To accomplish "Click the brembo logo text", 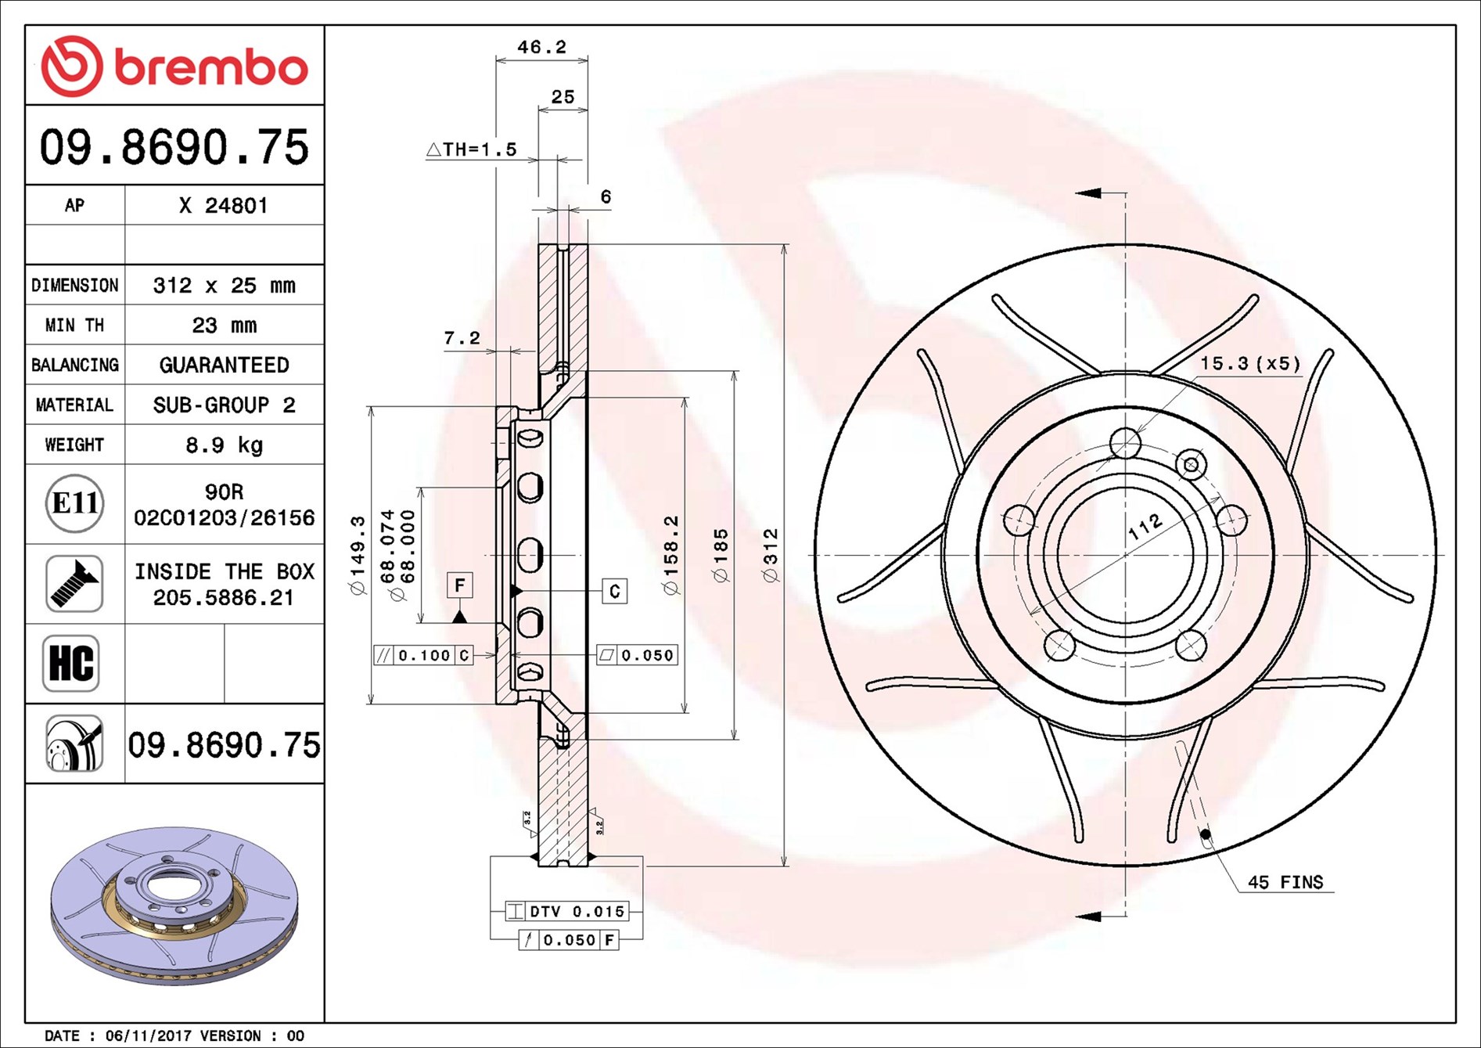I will pyautogui.click(x=210, y=68).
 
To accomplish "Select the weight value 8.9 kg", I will pyautogui.click(x=224, y=445).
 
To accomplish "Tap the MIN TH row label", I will pyautogui.click(x=74, y=326).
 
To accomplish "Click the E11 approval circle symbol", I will pyautogui.click(x=74, y=503).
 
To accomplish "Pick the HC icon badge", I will pyautogui.click(x=71, y=664).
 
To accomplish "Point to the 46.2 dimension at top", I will pyautogui.click(x=541, y=48).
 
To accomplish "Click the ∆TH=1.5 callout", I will pyautogui.click(x=473, y=149).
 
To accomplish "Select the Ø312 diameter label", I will pyautogui.click(x=771, y=555).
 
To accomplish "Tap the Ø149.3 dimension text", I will pyautogui.click(x=358, y=555).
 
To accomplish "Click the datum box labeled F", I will pyautogui.click(x=459, y=585).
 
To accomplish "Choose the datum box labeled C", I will pyautogui.click(x=614, y=591).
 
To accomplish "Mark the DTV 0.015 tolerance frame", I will pyautogui.click(x=566, y=911).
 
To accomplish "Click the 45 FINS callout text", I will pyautogui.click(x=1285, y=882).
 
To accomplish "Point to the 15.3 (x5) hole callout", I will pyautogui.click(x=1250, y=363).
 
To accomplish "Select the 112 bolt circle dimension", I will pyautogui.click(x=1145, y=528).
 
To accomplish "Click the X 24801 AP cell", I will pyautogui.click(x=224, y=206).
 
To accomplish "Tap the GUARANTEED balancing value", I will pyautogui.click(x=224, y=366).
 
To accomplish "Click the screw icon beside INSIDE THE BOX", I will pyautogui.click(x=74, y=584).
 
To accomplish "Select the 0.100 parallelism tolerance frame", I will pyautogui.click(x=423, y=655).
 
